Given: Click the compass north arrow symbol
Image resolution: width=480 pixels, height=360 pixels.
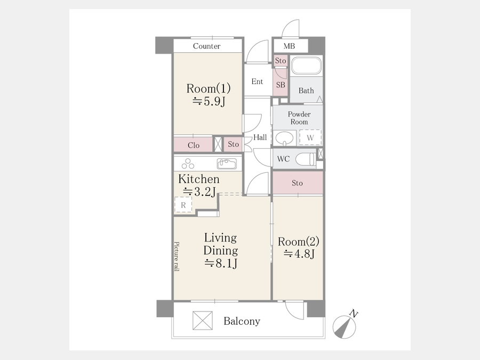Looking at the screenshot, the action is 345,326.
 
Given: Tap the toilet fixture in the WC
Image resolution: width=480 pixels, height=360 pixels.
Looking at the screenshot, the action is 305,159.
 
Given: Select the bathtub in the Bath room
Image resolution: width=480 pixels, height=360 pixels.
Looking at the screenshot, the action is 306,66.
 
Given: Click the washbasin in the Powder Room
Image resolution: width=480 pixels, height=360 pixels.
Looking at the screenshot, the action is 285,138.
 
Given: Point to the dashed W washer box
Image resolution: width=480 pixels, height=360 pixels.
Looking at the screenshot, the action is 310,138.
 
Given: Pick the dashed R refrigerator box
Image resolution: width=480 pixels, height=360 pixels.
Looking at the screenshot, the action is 183,204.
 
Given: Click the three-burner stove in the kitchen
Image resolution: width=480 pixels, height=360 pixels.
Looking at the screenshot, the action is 188,164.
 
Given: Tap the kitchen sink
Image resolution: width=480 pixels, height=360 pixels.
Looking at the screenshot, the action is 227,164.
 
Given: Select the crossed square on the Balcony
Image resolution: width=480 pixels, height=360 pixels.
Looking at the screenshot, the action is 202,321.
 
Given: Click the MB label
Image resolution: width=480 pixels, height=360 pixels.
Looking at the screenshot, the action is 289,46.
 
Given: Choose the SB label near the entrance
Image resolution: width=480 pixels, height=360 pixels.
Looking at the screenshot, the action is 281,85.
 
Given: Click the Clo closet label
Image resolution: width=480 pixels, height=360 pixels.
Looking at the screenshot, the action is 194,145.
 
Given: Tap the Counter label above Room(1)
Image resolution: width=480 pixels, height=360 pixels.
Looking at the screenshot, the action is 206,46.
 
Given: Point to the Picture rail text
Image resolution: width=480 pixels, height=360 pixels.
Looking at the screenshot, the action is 177,257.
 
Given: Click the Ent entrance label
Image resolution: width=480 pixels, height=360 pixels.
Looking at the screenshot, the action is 257,82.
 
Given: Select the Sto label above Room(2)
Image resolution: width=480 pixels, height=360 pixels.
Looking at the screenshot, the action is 297,183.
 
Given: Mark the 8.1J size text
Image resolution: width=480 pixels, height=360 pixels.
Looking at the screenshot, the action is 221,263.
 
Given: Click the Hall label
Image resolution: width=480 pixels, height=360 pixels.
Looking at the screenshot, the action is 260,138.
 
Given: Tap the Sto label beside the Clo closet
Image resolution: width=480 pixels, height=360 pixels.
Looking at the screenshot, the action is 233,144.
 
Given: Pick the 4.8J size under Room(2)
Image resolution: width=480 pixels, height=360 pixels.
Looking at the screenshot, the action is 299,254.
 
